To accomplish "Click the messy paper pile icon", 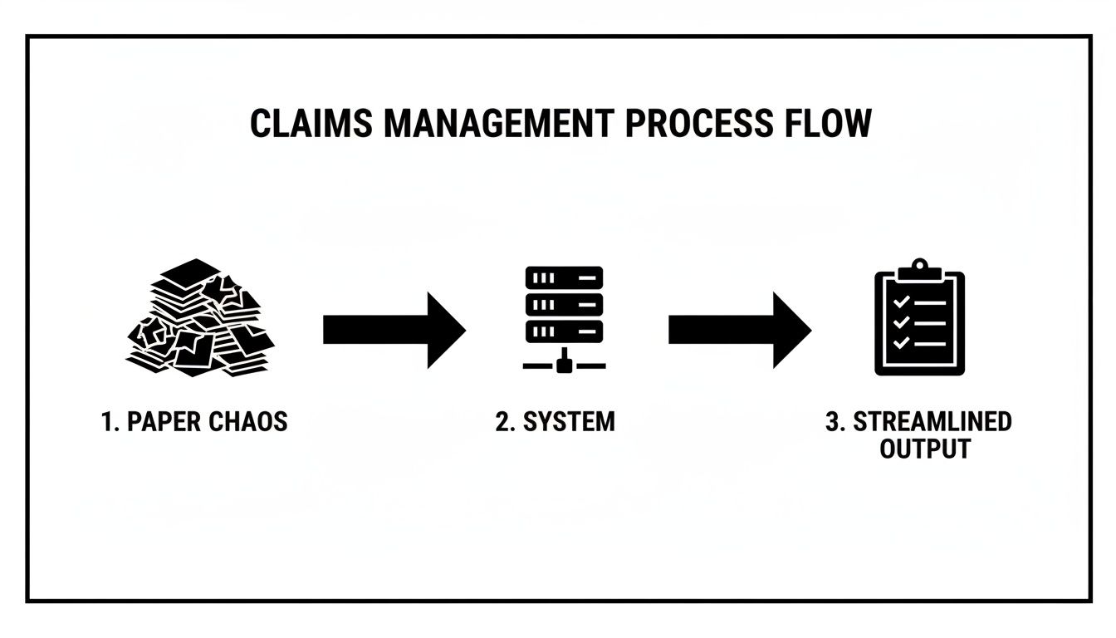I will pos(200,318).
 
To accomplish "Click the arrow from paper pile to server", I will pos(393,330).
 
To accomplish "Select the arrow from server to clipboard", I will pos(738,330).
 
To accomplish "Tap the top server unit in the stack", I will pos(564,277).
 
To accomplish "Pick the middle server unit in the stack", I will pos(564,305).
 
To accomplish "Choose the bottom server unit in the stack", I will pos(564,331).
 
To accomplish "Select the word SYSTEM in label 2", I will pos(569,421).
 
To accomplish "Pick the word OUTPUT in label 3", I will pos(925,449).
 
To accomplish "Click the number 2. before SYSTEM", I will pos(505,421).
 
